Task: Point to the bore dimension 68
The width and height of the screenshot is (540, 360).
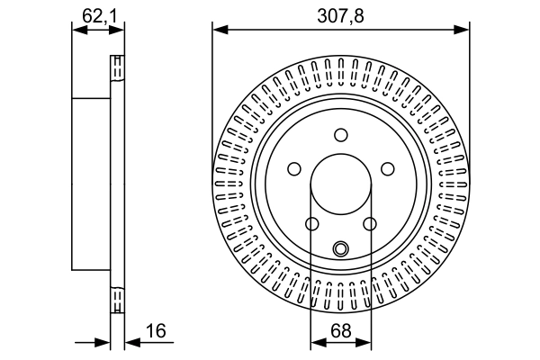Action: coord(340,332)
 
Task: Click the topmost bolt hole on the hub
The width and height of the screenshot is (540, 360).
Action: coord(340,135)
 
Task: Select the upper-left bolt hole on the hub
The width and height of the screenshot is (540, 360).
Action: coord(293,168)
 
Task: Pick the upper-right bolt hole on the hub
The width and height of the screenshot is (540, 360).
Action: coord(388,168)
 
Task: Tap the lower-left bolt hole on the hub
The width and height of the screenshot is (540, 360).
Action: coord(311,224)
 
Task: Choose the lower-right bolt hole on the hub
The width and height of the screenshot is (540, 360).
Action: coord(370,224)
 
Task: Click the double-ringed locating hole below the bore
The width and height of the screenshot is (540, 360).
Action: coord(340,249)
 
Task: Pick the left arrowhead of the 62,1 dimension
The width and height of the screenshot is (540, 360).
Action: coord(76,30)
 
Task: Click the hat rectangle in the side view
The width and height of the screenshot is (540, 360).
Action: coord(91,184)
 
